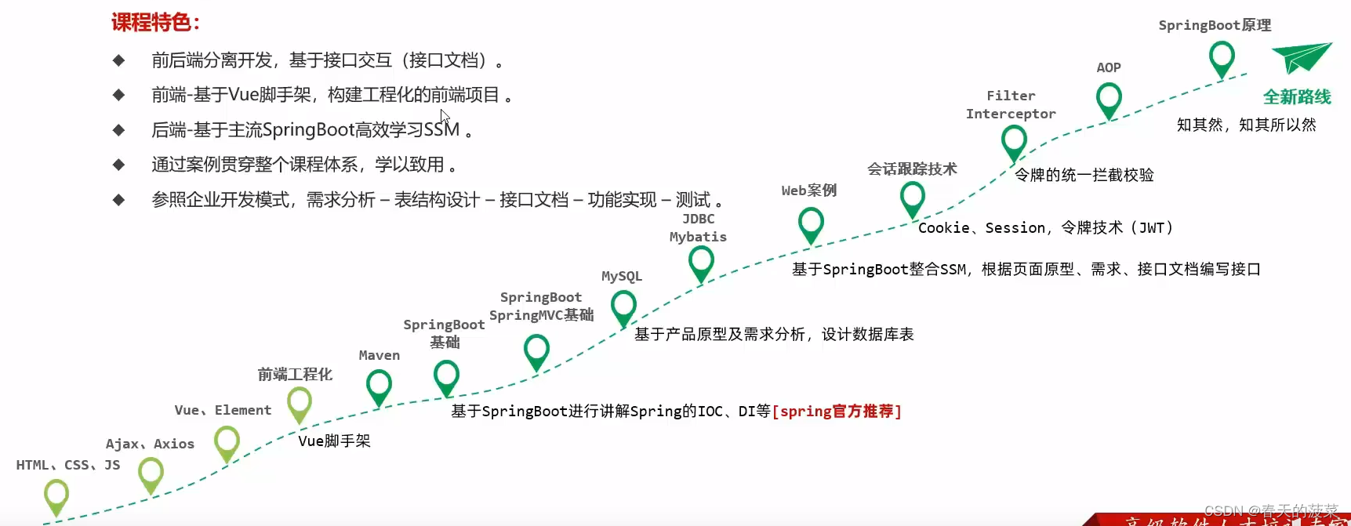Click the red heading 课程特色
click(x=154, y=22)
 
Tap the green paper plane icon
click(x=1301, y=56)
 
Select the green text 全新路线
click(x=1296, y=97)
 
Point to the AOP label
click(x=1108, y=67)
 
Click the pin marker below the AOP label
click(x=1108, y=99)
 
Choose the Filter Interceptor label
click(x=1011, y=104)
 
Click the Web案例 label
click(x=808, y=190)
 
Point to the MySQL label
click(x=621, y=276)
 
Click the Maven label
click(x=379, y=355)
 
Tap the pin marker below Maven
click(x=379, y=385)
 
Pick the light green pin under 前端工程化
click(x=299, y=403)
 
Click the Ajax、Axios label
click(x=150, y=444)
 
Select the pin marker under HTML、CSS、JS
click(x=56, y=495)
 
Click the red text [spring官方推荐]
click(x=837, y=411)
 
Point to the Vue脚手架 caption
click(x=334, y=441)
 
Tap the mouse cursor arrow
click(x=445, y=117)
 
